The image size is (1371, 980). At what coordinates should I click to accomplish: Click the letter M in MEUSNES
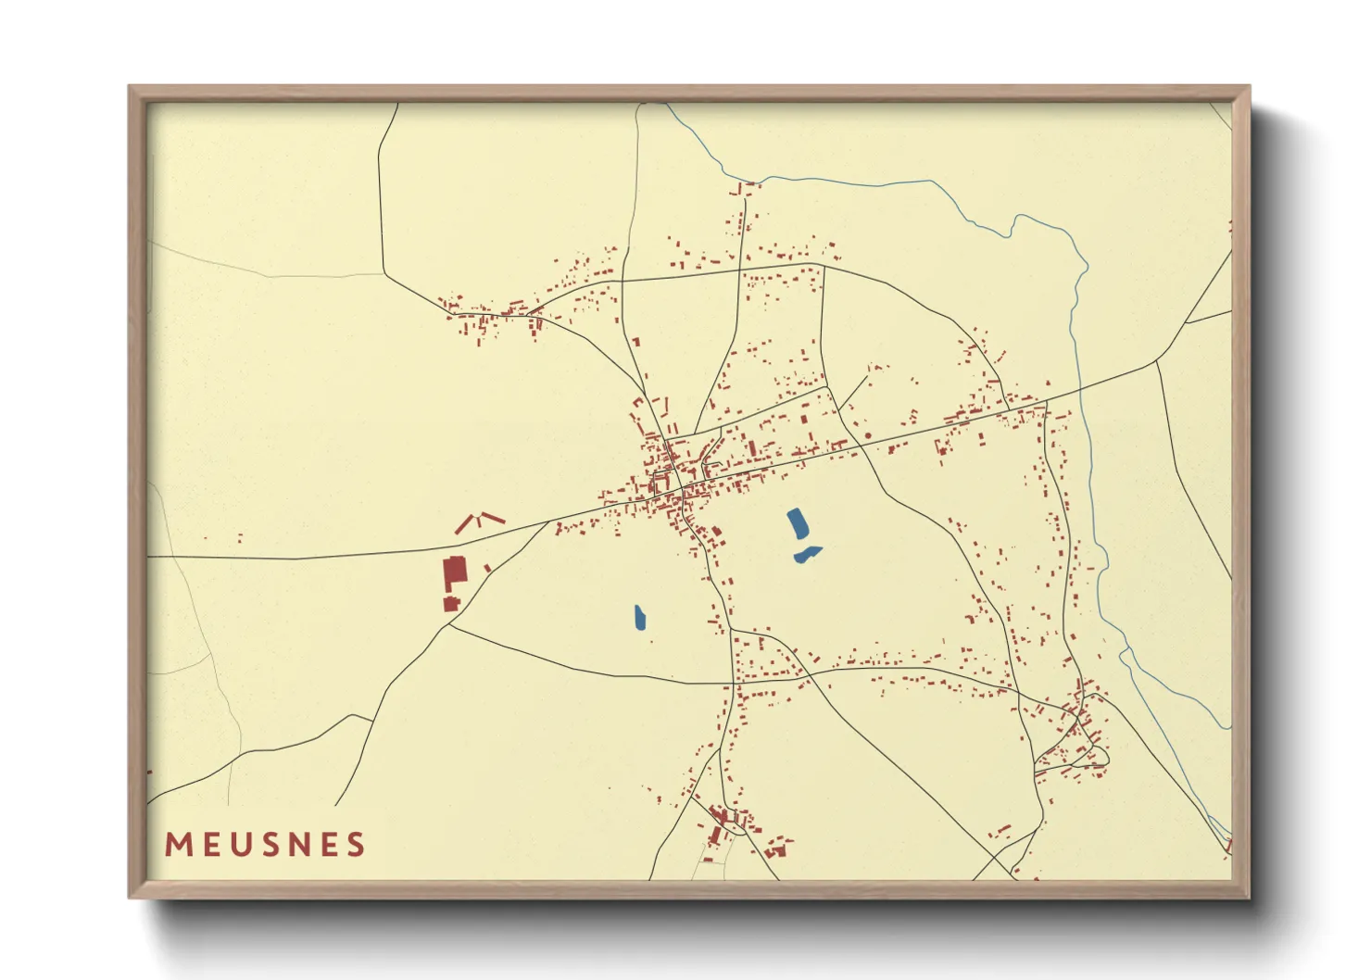(178, 845)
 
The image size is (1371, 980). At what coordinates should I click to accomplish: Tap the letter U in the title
(238, 845)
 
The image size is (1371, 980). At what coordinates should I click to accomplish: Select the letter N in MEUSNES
(296, 845)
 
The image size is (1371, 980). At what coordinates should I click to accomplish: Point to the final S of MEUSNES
(355, 845)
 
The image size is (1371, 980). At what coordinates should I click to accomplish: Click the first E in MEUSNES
(209, 845)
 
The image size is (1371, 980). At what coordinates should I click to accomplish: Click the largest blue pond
(797, 524)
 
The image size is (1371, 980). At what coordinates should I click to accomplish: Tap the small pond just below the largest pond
(808, 554)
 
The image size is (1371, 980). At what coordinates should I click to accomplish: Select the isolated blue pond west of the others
(640, 617)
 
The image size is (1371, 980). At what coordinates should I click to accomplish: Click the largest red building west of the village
(454, 573)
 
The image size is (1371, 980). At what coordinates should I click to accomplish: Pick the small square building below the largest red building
(451, 604)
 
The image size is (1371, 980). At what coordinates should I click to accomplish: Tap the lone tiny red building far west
(240, 537)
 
